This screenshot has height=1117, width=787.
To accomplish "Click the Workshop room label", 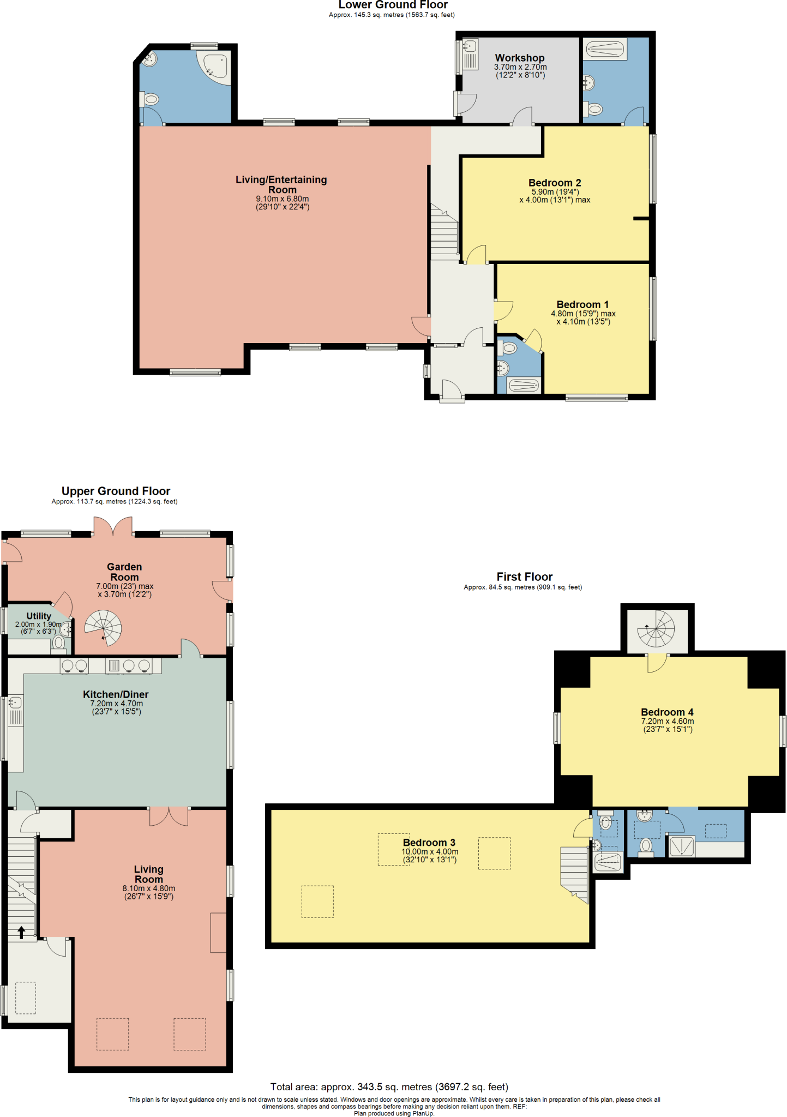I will (x=519, y=58).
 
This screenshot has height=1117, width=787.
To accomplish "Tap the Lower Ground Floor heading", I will (x=393, y=5).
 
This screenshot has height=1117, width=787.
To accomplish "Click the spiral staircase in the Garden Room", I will (x=104, y=627).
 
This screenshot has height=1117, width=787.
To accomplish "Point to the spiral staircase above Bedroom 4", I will (x=657, y=628).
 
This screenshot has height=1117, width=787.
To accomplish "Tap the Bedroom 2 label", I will (x=554, y=183).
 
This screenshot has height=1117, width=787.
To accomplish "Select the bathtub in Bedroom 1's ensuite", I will (x=524, y=386).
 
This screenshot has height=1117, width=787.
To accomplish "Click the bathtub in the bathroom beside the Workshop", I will (x=605, y=50).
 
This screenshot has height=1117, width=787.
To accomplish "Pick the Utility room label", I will (x=39, y=616).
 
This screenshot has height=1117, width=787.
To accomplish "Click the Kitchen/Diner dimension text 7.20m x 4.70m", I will (x=116, y=704).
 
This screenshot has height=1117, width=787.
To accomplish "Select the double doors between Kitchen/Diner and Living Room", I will (x=169, y=816).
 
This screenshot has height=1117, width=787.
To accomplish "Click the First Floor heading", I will (x=524, y=576).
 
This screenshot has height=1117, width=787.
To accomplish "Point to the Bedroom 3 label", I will (x=429, y=842).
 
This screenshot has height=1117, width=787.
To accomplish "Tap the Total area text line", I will (x=389, y=1087).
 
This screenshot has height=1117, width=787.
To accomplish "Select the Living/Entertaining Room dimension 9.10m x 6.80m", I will (x=282, y=199).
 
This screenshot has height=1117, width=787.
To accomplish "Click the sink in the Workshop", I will (x=470, y=46).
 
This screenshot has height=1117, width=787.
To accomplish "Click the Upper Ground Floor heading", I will (x=116, y=491).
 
